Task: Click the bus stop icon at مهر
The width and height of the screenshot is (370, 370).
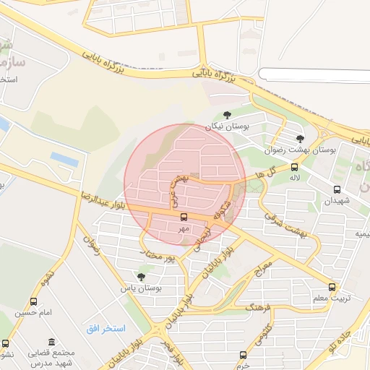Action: pos(184,217)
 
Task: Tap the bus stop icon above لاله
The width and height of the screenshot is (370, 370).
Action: pos(294,167)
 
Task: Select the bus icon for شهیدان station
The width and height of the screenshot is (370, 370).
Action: pos(337,189)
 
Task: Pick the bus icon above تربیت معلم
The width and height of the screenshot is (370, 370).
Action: pos(332,287)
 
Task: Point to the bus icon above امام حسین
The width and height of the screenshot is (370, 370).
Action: pos(33,301)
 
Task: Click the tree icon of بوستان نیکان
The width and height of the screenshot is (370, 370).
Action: pos(228,115)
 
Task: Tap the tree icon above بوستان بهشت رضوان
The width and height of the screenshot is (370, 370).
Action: pos(300,139)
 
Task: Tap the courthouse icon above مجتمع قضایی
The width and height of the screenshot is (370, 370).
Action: pos(51,342)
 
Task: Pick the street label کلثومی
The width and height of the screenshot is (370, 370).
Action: pos(263,335)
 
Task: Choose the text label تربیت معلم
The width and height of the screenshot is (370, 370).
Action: pos(335,298)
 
